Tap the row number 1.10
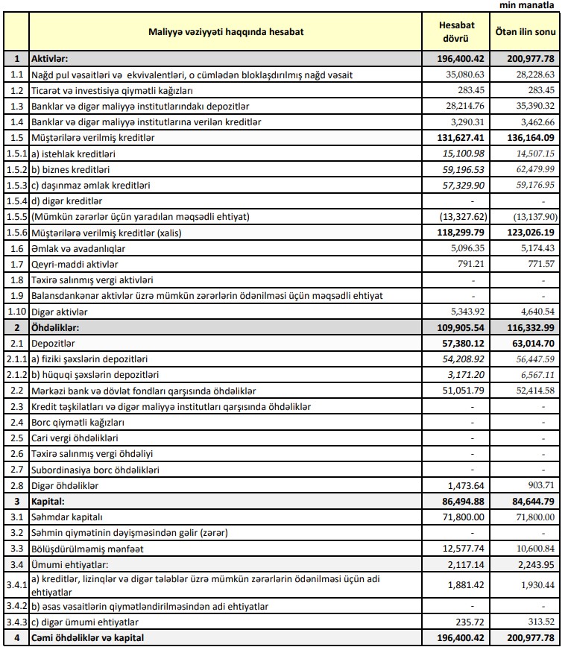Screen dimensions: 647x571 coord(16,311)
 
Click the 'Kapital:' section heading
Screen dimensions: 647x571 coord(48,501)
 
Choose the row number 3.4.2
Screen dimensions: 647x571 coord(16,606)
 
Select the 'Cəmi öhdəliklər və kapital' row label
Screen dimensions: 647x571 coord(88,637)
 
